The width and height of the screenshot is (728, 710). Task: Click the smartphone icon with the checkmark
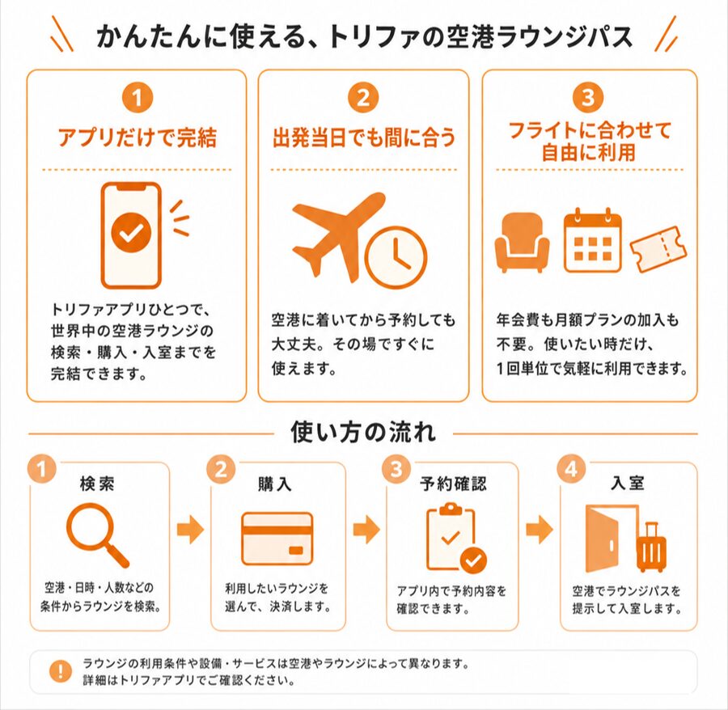pos(131,235)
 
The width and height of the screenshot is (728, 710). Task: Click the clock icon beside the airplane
pos(396,257)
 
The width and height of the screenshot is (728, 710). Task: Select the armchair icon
pos(522,242)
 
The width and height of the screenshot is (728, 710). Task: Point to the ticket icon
pos(658,249)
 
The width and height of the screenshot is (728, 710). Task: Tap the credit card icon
pos(277,539)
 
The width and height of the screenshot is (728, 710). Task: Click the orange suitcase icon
pos(651,547)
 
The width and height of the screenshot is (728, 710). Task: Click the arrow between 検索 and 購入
pos(190,529)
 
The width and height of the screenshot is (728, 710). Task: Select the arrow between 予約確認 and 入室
pos(540,529)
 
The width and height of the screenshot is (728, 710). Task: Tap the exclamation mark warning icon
pos(61,671)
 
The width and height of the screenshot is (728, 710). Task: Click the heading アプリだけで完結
pos(137,137)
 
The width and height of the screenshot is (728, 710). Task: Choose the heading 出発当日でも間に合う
pos(364,137)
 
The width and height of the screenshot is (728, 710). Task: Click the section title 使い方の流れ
pos(363,432)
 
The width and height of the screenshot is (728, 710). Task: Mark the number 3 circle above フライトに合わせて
pos(588,98)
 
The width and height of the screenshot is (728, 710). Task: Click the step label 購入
pos(275,484)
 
